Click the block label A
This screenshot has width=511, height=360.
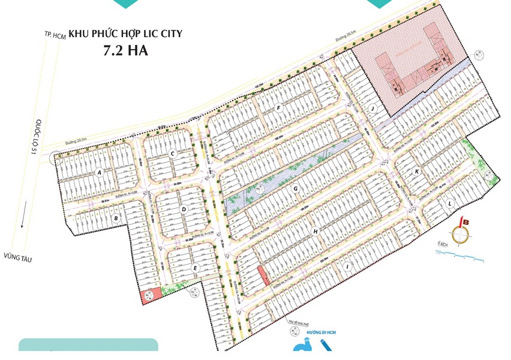99,173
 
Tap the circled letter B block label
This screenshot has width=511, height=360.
116,218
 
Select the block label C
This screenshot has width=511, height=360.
172,154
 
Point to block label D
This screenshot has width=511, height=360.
184,209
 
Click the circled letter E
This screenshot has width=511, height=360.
195,268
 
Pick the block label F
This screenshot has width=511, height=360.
278,108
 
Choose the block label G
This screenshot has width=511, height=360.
296,188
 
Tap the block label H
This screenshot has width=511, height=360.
314,231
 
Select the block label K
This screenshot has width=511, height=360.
416,171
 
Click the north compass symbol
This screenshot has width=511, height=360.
462,235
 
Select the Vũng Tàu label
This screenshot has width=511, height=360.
17,259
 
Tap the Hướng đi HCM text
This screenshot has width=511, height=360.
305,332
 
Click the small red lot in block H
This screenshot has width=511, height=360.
262,277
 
